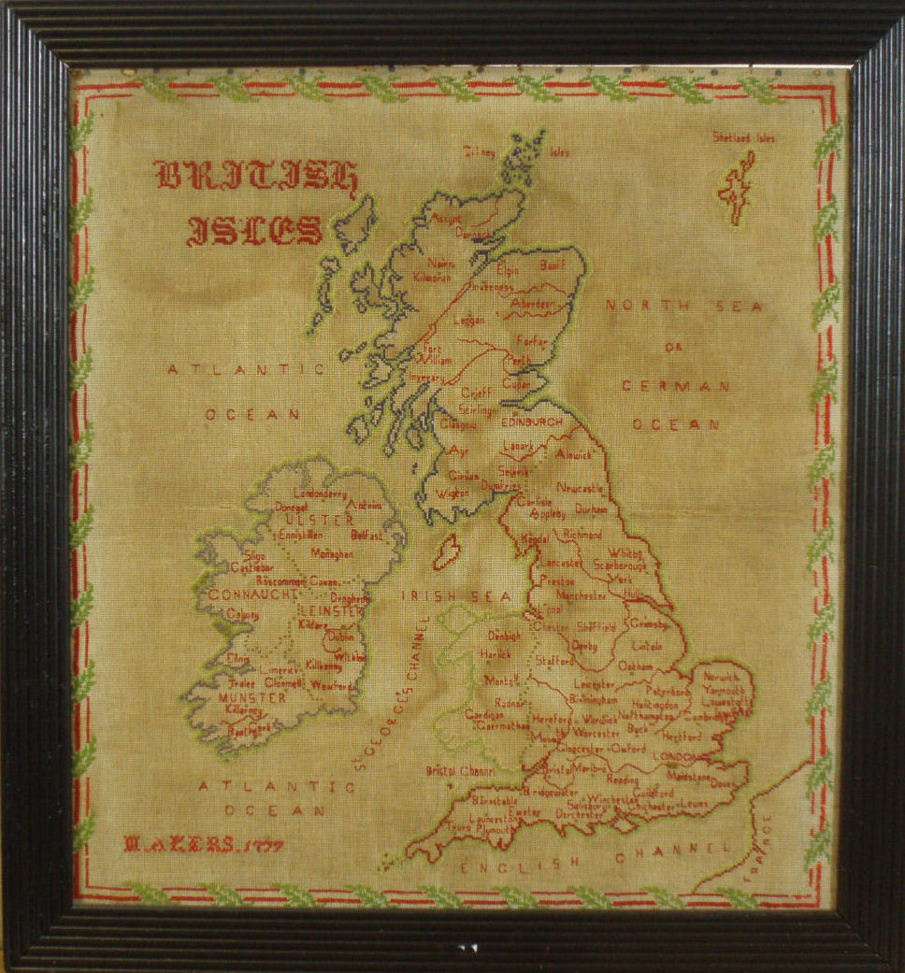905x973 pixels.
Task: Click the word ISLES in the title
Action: tap(254, 229)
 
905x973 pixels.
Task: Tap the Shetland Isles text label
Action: tap(743, 138)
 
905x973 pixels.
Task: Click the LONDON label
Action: tap(678, 757)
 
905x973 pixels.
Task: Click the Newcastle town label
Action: tap(581, 488)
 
